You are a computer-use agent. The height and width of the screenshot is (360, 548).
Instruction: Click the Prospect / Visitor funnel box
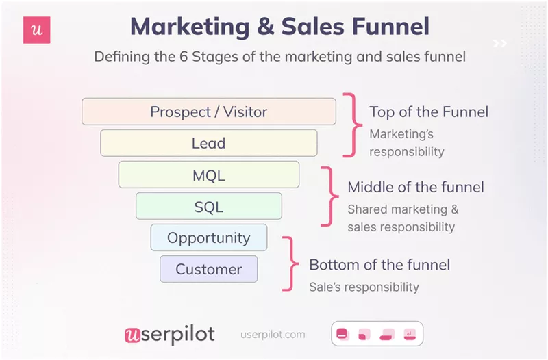(x=209, y=112)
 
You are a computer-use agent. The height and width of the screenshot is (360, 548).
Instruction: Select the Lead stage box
(x=209, y=143)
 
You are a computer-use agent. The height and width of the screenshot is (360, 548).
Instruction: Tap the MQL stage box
(x=209, y=175)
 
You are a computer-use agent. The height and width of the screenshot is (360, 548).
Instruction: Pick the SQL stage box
(x=209, y=207)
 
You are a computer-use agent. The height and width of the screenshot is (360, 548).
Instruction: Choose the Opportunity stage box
(x=209, y=237)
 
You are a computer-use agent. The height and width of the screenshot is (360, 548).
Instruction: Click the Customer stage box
(x=209, y=269)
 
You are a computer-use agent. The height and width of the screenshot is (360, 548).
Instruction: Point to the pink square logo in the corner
(x=37, y=30)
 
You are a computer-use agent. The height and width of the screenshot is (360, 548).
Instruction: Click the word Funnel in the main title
(x=390, y=27)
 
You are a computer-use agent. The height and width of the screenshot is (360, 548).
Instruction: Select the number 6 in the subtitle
(x=184, y=57)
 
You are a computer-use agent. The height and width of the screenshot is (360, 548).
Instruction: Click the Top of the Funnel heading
(x=429, y=112)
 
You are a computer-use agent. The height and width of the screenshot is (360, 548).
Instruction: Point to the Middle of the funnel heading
(x=416, y=187)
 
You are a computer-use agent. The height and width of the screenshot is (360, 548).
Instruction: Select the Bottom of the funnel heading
(x=379, y=265)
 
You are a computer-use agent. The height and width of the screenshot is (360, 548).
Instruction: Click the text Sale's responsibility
(x=364, y=287)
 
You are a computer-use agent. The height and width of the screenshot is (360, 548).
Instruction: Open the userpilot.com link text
(x=273, y=335)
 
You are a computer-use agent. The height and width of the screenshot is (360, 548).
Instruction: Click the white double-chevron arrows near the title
(x=500, y=43)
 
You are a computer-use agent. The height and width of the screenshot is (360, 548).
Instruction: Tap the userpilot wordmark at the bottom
(x=169, y=335)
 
